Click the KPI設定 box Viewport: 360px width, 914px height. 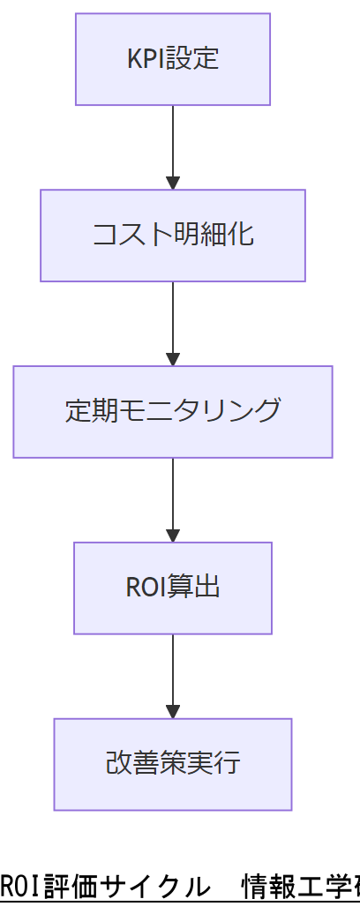[173, 59]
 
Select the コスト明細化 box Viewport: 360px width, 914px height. [173, 236]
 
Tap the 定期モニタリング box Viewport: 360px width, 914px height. [173, 412]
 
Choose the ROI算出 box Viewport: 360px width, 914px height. [173, 588]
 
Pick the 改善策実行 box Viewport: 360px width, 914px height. [173, 764]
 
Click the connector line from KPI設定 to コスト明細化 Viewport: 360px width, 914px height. [173, 141]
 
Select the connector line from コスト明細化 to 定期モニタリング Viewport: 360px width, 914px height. [173, 318]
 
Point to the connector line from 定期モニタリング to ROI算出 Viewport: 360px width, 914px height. [173, 494]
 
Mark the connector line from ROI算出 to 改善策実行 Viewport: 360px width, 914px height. [173, 671]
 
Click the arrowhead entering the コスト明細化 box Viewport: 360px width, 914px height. [173, 184]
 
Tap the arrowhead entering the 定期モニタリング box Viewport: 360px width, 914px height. [173, 360]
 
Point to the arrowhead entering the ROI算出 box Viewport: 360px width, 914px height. [173, 536]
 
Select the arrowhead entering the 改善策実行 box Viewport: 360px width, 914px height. [173, 712]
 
